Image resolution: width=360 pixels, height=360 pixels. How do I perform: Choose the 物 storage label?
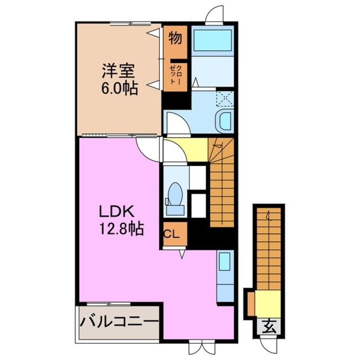coord(175,38)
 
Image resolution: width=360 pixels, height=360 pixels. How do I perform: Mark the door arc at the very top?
coord(214,14)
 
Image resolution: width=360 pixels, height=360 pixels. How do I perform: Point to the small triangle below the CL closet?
coord(182,254)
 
